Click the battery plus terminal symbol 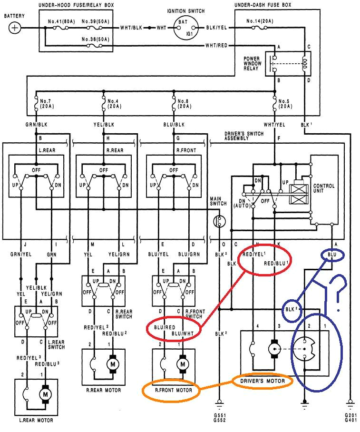[x=15, y=28]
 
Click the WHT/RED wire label [x=217, y=46]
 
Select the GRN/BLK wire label [x=36, y=125]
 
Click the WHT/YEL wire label [x=274, y=125]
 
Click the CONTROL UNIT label [x=323, y=189]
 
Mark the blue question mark [x=340, y=292]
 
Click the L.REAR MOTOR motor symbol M [x=45, y=394]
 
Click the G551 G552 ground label [x=220, y=417]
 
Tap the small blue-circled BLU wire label [x=332, y=255]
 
